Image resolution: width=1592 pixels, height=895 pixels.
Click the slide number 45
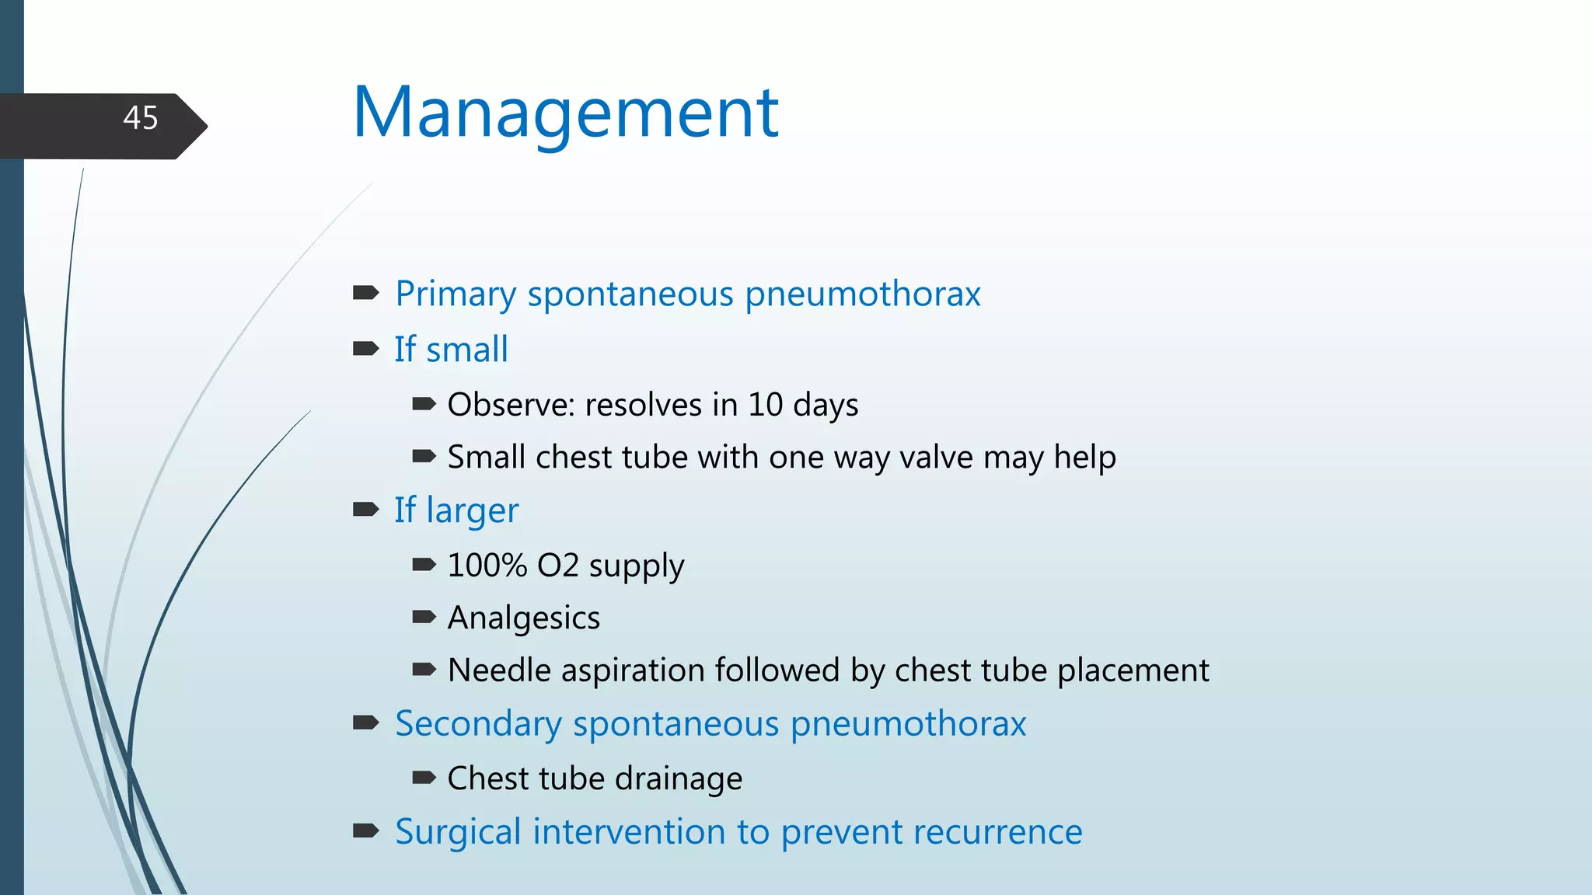[141, 118]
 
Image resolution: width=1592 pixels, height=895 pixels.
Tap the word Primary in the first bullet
[456, 294]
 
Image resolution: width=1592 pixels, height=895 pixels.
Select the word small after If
[466, 350]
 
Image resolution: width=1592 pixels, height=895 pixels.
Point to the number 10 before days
[765, 405]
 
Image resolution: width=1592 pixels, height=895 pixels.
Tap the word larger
[472, 511]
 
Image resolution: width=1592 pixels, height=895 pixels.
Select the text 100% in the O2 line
[487, 566]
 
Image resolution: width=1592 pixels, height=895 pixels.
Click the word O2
[557, 566]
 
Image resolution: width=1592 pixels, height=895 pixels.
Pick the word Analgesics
[524, 618]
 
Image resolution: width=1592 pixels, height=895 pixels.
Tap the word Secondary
[478, 724]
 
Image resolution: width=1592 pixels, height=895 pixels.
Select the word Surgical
[458, 832]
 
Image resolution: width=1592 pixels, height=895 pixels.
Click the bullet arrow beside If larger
[365, 510]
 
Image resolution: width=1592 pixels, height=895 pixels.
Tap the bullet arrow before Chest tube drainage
[424, 777]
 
